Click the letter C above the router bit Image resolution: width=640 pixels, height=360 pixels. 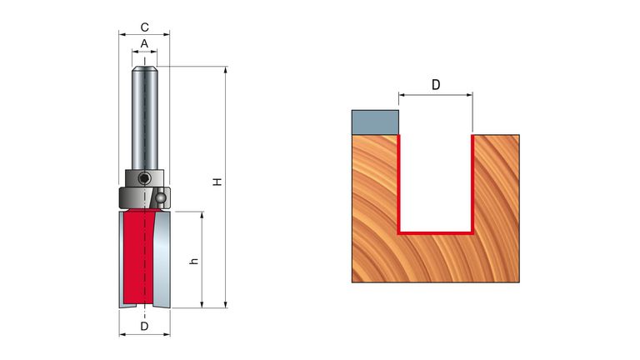(x=144, y=27)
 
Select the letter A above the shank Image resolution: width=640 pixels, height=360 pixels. (x=144, y=43)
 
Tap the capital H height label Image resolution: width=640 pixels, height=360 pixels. (x=217, y=181)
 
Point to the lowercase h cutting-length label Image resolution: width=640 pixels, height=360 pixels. (x=193, y=261)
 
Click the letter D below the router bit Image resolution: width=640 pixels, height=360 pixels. (x=144, y=327)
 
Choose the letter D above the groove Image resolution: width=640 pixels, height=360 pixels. (x=435, y=84)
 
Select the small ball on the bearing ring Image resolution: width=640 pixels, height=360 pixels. (x=159, y=199)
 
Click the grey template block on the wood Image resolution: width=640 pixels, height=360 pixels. (x=376, y=122)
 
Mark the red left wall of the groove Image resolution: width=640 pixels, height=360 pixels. (x=399, y=183)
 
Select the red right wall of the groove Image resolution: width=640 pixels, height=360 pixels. (x=472, y=183)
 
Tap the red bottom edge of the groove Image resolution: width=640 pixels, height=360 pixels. (x=436, y=233)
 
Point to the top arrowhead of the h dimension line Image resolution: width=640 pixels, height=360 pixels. (x=202, y=215)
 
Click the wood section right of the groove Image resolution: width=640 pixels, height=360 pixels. (x=497, y=208)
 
